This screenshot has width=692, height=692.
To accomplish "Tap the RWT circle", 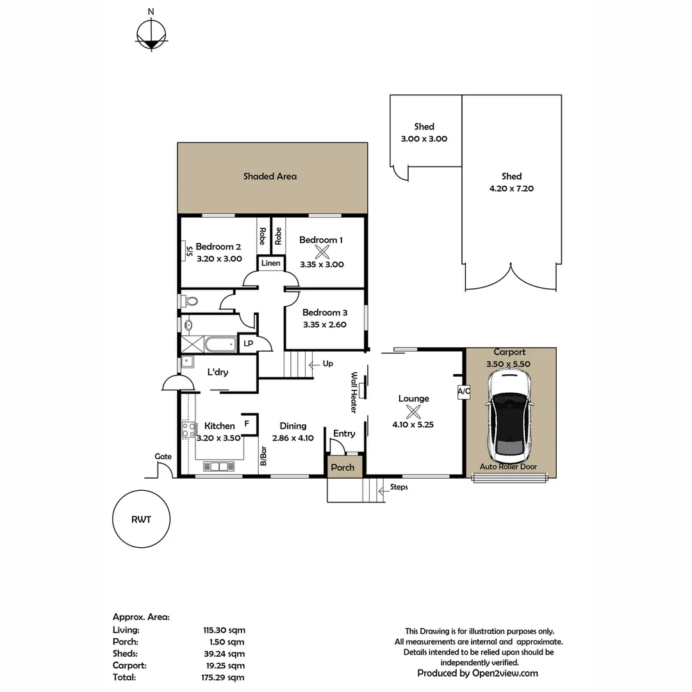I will tap(141, 520).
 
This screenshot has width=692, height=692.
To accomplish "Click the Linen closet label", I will tap(270, 263).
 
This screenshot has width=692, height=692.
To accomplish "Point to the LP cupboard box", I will tap(248, 343).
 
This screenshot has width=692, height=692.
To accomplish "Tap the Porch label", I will tap(343, 467).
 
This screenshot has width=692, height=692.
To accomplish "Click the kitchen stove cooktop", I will tap(188, 429).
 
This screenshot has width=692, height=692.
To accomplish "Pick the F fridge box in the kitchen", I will tap(247, 424).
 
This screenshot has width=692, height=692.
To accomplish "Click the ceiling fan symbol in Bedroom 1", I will tap(322, 252).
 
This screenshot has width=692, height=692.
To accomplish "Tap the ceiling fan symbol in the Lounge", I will tap(413, 411).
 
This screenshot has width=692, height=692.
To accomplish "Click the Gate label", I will tap(163, 456).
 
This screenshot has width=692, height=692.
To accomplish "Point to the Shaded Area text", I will tap(270, 176).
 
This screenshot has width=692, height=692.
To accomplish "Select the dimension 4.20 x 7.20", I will tap(511, 188).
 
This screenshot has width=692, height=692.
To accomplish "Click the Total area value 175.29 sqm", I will tap(224, 677).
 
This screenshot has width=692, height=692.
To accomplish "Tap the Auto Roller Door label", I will tap(509, 467).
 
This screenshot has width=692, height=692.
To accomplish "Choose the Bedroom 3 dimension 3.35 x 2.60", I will tap(325, 325).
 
